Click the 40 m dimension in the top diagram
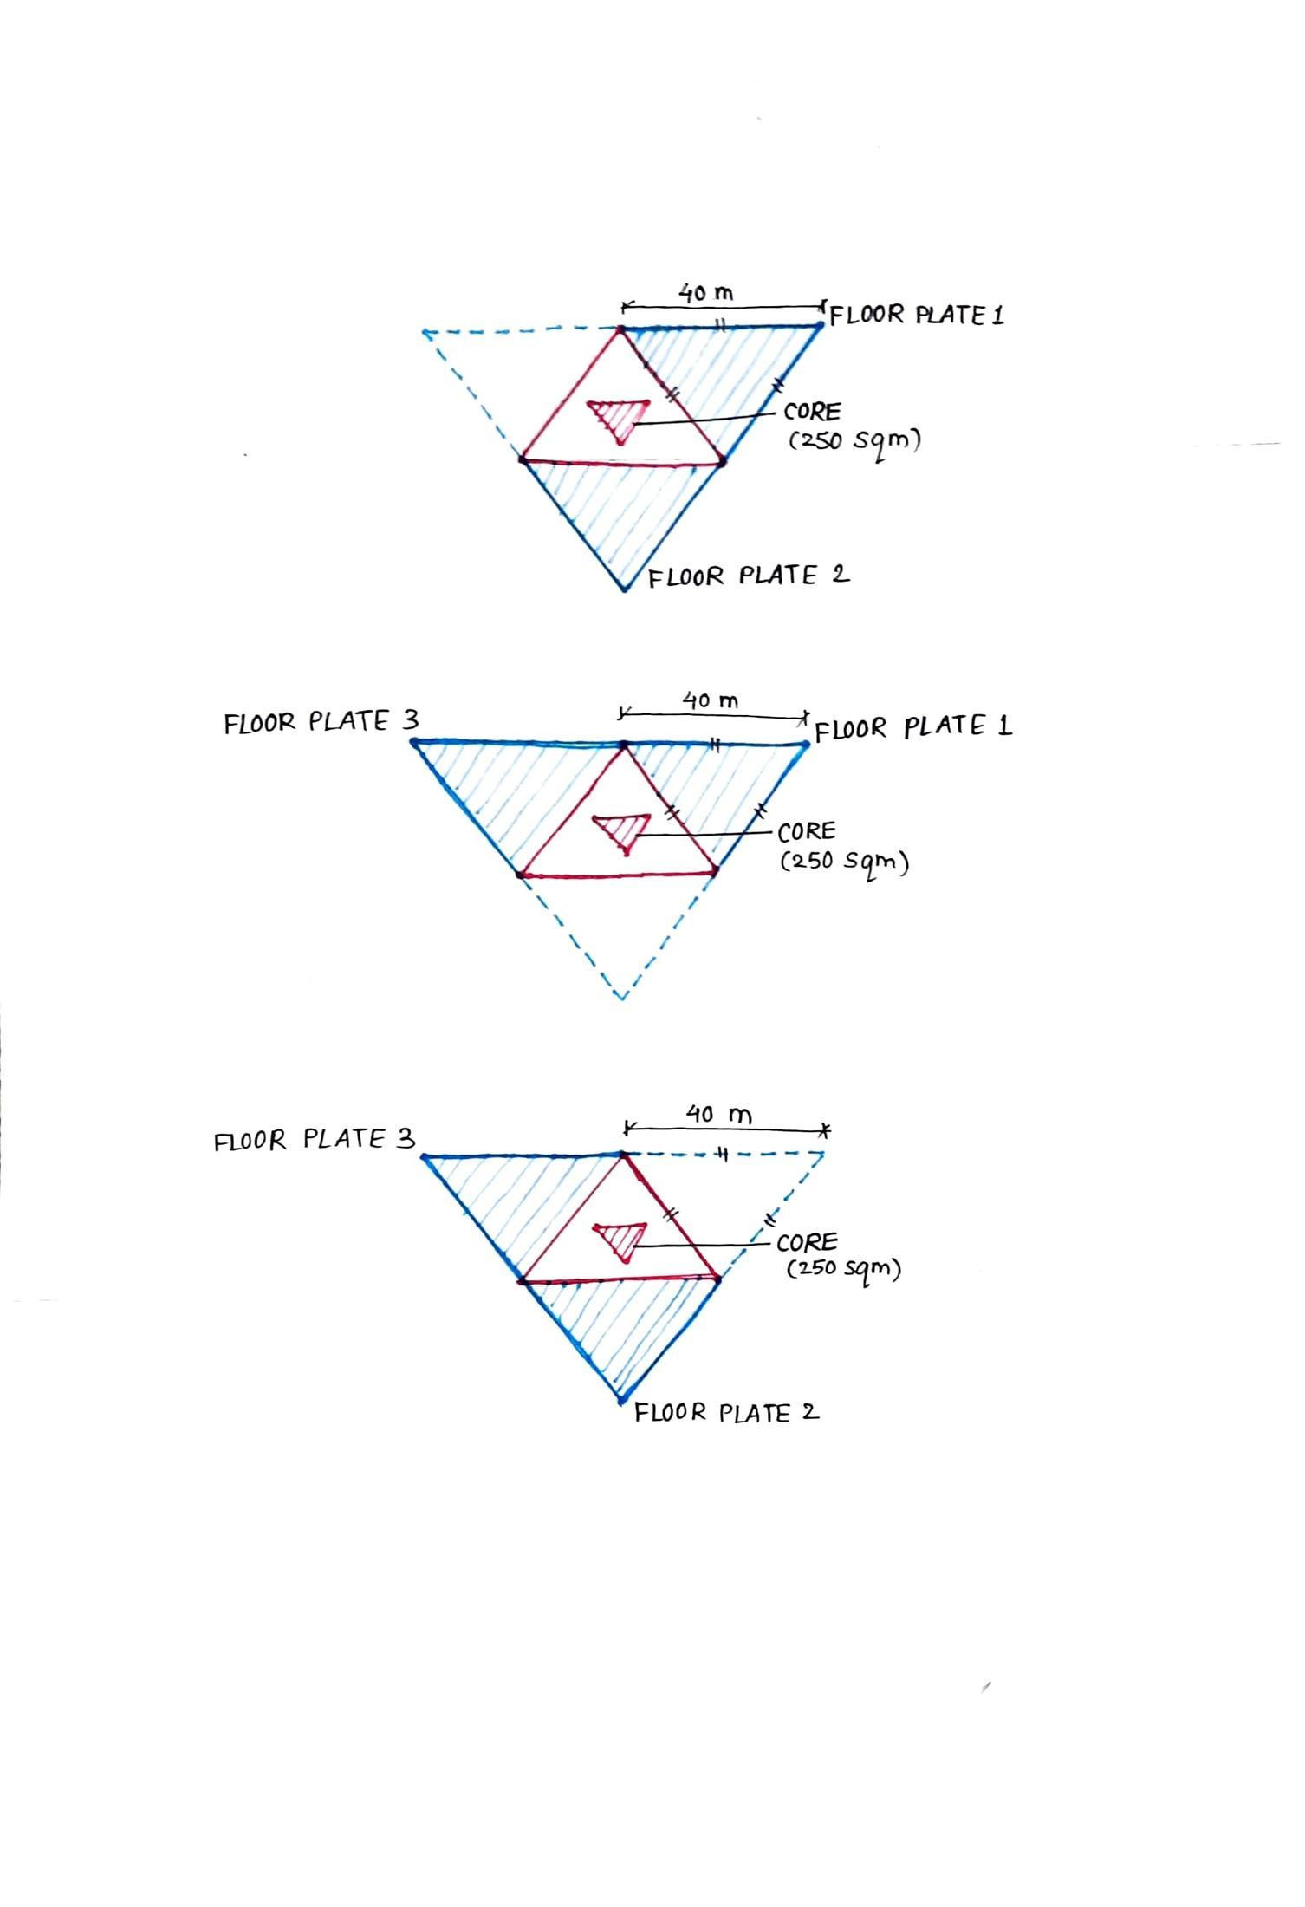pos(705,294)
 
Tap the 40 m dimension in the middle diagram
pos(711,700)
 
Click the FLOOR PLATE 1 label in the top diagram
pos(917,315)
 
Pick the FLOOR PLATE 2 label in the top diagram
pos(749,576)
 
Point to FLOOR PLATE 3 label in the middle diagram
pos(321,722)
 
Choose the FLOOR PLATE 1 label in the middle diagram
pos(913,727)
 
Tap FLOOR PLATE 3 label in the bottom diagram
pos(315,1140)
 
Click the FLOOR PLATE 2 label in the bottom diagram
pos(726,1414)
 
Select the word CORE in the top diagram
pos(812,412)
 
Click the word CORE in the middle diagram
pos(807,832)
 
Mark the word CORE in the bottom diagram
pos(807,1242)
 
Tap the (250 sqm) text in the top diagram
pos(854,440)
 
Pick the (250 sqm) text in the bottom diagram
pos(843,1270)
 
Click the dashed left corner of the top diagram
pos(425,332)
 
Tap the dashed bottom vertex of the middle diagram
pos(622,998)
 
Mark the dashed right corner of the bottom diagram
pos(822,1154)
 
